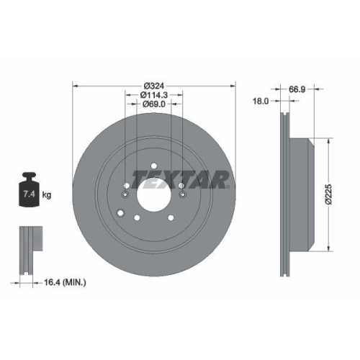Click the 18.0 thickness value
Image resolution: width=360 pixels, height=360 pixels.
coord(261,102)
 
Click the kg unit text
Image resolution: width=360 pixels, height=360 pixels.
coord(47,195)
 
